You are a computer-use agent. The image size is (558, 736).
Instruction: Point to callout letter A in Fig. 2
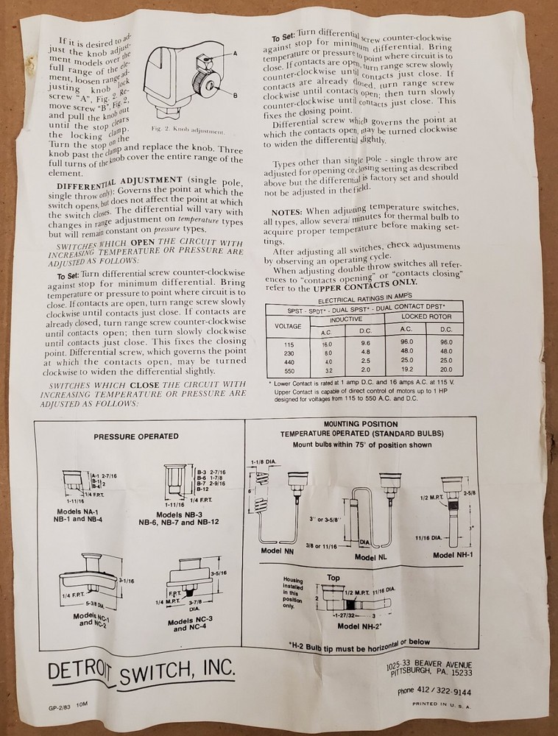point(235,54)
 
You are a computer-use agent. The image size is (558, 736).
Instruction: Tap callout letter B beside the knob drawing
point(235,96)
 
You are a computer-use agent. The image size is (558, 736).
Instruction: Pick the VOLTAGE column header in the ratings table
point(288,325)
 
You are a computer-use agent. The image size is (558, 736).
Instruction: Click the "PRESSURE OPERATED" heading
point(136,436)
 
